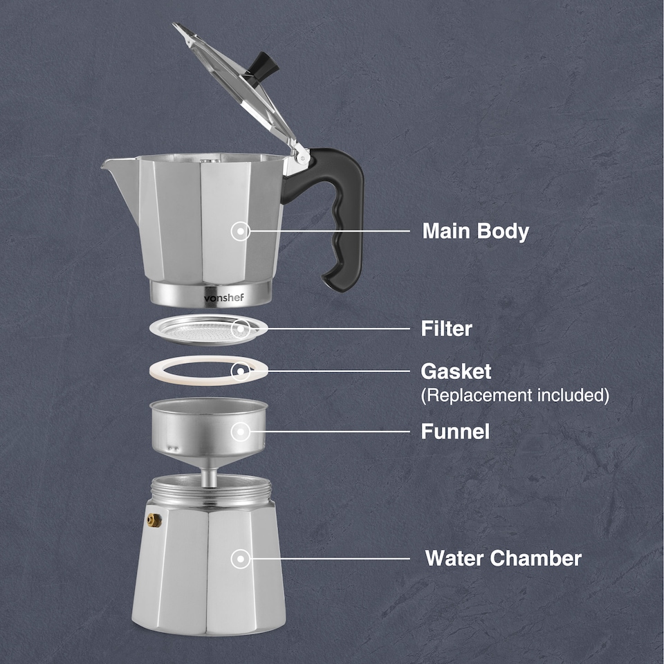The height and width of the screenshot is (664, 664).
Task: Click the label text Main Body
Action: tap(475, 231)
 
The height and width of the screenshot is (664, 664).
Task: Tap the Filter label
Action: tap(446, 329)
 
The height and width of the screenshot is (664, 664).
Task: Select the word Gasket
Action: tap(456, 371)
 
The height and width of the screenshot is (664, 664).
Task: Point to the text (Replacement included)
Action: tap(515, 396)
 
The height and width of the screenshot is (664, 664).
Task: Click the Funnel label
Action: tap(455, 432)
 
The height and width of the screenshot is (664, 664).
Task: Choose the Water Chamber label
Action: tap(503, 558)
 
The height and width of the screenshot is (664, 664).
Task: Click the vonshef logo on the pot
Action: tap(224, 297)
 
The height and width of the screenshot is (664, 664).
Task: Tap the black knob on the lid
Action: tap(266, 66)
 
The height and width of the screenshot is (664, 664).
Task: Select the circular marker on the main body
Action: tap(241, 231)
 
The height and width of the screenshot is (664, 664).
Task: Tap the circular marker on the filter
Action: tap(241, 329)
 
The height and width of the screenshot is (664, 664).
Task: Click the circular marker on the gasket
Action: tap(241, 371)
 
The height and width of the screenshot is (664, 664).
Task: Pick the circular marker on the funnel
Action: tap(241, 432)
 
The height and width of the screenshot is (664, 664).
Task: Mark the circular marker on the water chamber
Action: tap(241, 558)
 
